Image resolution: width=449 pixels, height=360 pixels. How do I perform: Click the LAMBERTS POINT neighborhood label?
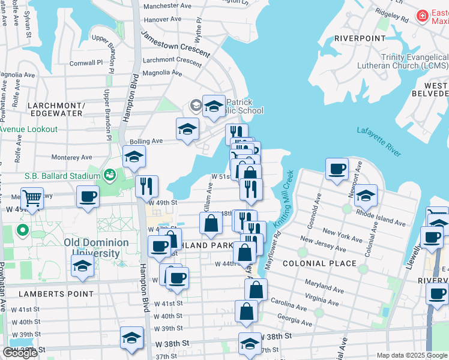click(56, 294)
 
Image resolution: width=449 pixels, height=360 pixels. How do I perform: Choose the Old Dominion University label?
click(96, 248)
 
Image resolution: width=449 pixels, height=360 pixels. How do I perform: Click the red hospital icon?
click(423, 15)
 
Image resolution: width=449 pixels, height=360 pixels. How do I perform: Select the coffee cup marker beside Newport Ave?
click(337, 169)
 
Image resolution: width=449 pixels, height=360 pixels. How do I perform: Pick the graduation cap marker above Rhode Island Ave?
click(365, 195)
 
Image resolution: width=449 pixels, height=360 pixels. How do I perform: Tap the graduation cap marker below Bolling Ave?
click(134, 157)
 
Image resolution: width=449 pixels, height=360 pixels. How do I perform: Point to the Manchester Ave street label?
click(168, 5)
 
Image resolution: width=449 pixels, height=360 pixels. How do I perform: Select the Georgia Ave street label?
click(294, 323)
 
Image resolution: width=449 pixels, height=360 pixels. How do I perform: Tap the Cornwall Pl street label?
click(88, 63)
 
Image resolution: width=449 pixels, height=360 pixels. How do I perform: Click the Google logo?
click(20, 353)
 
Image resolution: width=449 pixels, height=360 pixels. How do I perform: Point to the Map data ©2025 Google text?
click(412, 355)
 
